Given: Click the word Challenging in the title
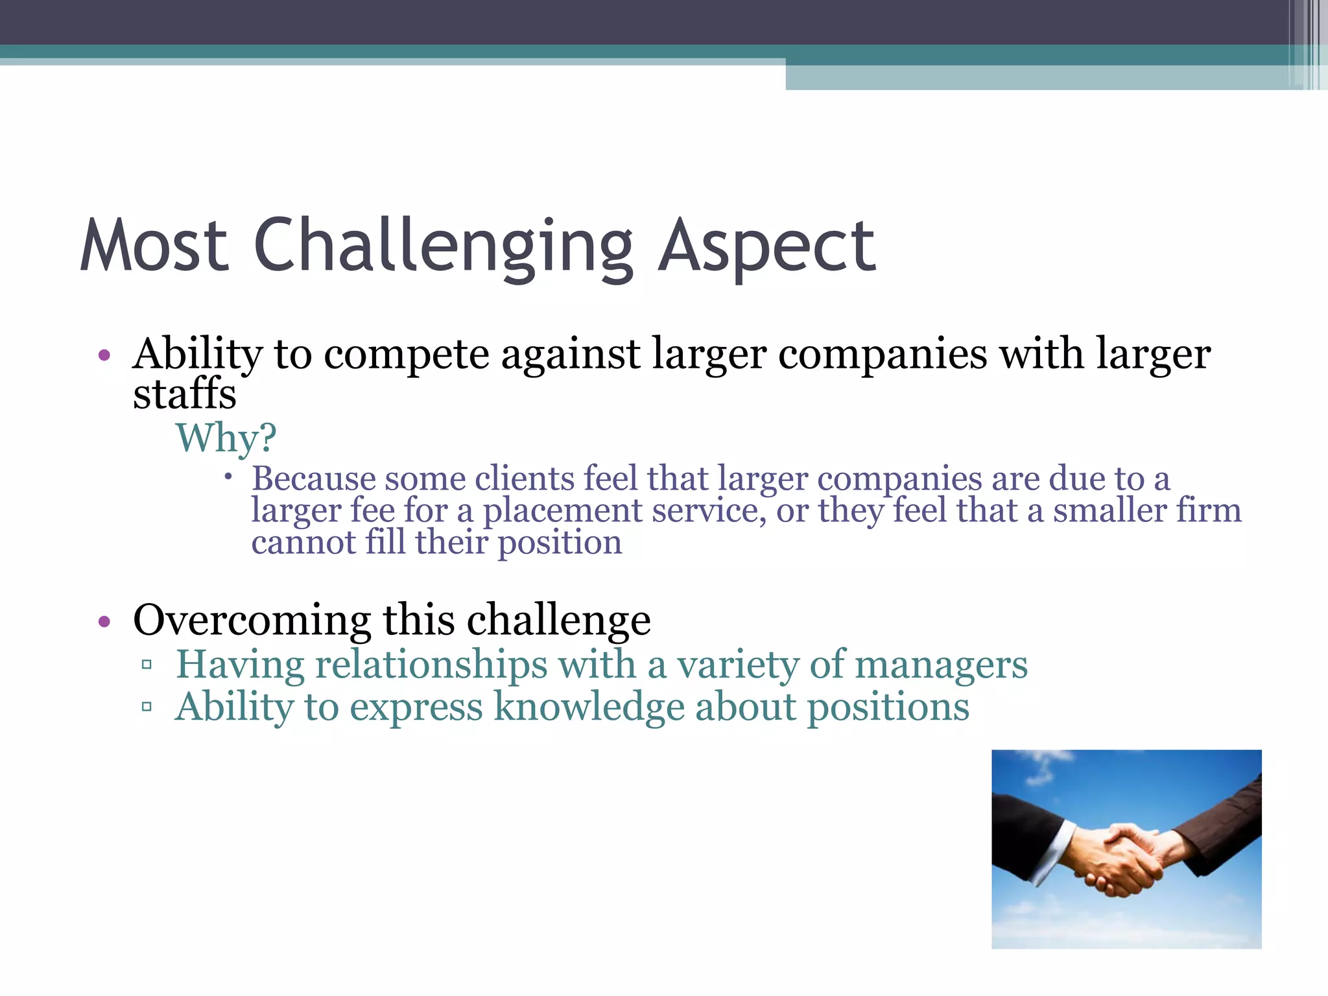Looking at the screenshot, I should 444,246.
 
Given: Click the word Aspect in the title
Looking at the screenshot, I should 766,246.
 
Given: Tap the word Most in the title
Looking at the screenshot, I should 154,246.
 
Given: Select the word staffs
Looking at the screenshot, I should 184,394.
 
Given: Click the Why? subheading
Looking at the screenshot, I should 226,438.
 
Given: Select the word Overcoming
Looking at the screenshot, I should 252,620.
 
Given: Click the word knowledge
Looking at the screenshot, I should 588,707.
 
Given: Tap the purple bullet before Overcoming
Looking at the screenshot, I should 104,622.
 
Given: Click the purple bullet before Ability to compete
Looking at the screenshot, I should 104,355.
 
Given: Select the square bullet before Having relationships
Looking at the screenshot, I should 147,665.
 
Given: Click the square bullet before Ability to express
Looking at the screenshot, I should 147,706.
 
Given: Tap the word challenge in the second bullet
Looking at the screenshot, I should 558,620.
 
